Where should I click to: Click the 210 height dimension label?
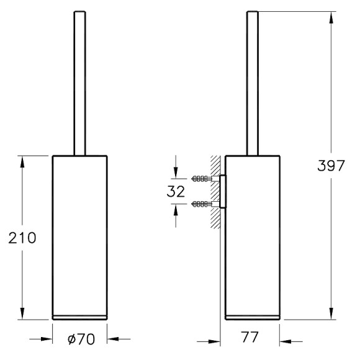tap(22, 238)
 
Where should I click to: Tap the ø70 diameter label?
tap(81, 339)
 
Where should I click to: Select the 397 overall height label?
tap(331, 165)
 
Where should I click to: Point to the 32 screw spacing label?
tap(176, 191)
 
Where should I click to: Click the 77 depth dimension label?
tap(250, 337)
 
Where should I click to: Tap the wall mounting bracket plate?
tap(222, 191)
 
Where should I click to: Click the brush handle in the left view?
tap(79, 83)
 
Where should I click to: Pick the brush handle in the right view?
tap(253, 83)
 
